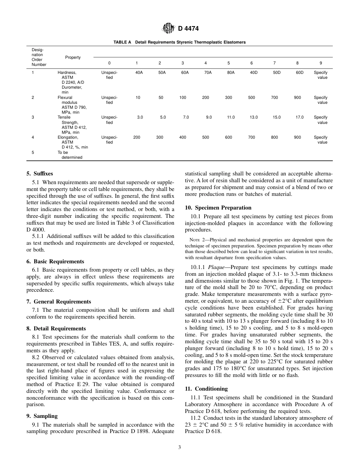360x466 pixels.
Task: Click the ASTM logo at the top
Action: coord(168,28)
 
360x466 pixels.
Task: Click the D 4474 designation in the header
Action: coord(188,28)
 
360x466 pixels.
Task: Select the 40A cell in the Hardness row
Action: coord(139,72)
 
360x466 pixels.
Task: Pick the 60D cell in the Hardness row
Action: coord(299,72)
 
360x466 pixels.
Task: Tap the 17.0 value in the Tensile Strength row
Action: coord(299,117)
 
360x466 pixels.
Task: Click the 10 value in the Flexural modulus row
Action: coord(138,98)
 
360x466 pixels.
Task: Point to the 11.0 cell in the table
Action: coord(231,117)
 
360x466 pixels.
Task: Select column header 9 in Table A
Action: coord(321,63)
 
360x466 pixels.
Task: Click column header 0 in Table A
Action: coord(110,63)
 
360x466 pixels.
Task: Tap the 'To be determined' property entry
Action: coord(70,155)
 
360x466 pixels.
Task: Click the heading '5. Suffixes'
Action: coord(39,174)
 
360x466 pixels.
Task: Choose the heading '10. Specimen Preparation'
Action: coord(218,208)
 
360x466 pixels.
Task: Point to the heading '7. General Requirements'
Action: coord(58,302)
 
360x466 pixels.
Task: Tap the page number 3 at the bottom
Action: coord(180,447)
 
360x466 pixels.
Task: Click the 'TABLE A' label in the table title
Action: coord(122,42)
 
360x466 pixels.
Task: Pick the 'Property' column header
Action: coord(73,58)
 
